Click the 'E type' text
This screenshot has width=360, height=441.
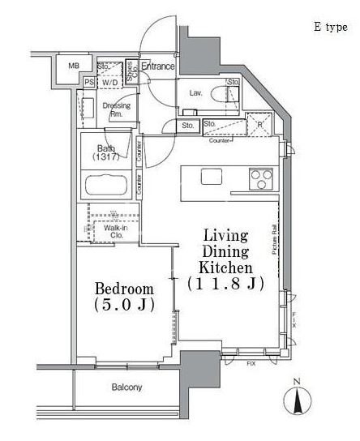pos(330,27)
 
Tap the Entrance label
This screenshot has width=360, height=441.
pos(157,66)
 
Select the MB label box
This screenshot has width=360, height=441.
pos(74,66)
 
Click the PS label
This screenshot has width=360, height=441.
pos(88,82)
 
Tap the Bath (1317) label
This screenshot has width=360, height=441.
pos(105,152)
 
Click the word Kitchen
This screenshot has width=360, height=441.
pos(228,267)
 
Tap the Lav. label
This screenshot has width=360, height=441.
pos(195,93)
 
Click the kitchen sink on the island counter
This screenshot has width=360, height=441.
pos(211,176)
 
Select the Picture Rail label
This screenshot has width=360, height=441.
pos(275,240)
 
